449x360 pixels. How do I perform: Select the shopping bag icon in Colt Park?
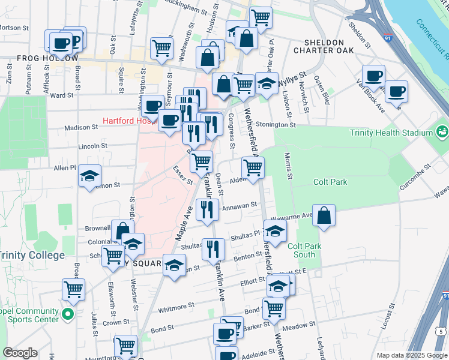point(324,217)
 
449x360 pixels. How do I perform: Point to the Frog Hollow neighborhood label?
point(48,58)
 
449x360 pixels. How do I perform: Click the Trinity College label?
point(32,256)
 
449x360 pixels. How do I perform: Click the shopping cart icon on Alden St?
point(253,168)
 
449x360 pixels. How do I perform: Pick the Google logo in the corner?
point(20,352)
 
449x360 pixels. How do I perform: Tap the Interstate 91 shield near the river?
point(388,38)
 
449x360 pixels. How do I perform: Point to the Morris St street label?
point(289,165)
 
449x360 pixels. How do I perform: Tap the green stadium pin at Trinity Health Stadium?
point(442,131)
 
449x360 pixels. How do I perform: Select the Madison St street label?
point(81,127)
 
